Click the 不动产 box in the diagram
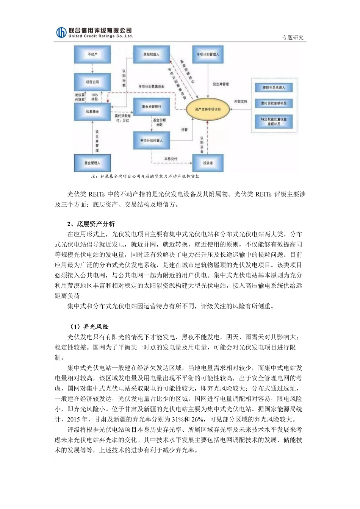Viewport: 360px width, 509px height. (x=92, y=55)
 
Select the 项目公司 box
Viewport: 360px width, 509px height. (x=92, y=82)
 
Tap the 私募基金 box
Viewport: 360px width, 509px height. (x=92, y=112)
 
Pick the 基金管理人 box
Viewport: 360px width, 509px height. (x=92, y=163)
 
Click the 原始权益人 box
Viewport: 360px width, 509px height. (x=151, y=55)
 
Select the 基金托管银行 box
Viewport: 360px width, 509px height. (x=151, y=107)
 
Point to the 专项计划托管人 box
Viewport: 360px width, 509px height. (x=151, y=140)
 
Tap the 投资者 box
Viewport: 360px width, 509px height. (x=208, y=163)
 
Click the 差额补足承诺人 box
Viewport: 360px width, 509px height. (x=274, y=88)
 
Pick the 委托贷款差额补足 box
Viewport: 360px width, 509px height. (x=274, y=103)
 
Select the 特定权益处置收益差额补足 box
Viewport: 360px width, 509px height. (x=274, y=121)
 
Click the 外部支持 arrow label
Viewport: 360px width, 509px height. (x=240, y=101)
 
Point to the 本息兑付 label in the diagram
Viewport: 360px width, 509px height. (x=170, y=159)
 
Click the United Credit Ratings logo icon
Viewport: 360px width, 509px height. (x=61, y=33)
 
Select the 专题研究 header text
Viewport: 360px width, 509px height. (x=293, y=38)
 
